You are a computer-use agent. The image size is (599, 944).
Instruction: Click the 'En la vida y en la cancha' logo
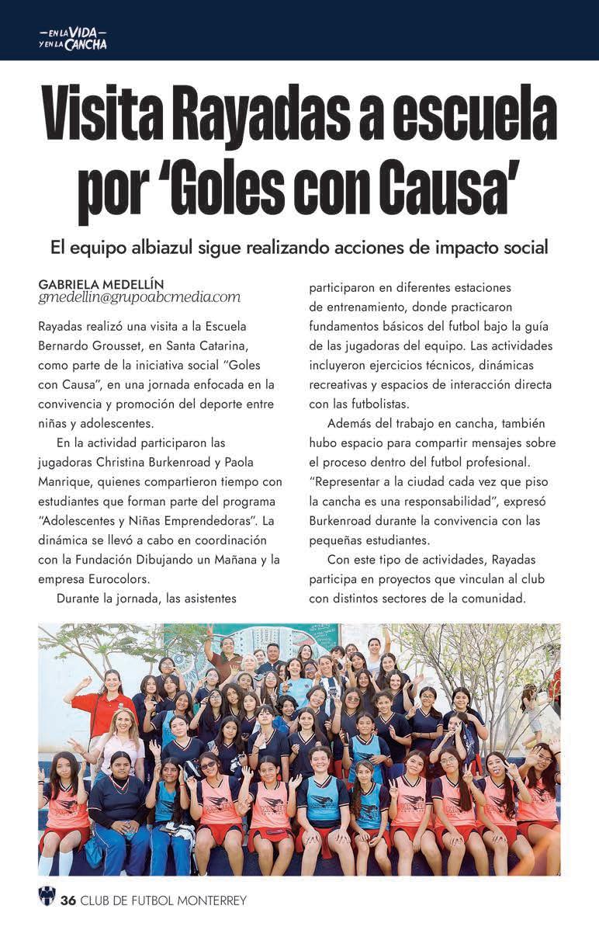pos(73,39)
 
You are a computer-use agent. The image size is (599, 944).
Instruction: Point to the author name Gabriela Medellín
pos(101,284)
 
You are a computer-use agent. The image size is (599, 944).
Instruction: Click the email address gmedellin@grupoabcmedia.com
pos(139,297)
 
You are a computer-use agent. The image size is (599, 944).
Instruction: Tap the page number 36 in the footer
pos(68,901)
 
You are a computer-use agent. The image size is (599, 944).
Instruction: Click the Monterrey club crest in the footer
pos(47,899)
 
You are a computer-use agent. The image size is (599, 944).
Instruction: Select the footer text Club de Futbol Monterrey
pos(164,901)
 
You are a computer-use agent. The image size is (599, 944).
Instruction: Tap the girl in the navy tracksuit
pos(118,815)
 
